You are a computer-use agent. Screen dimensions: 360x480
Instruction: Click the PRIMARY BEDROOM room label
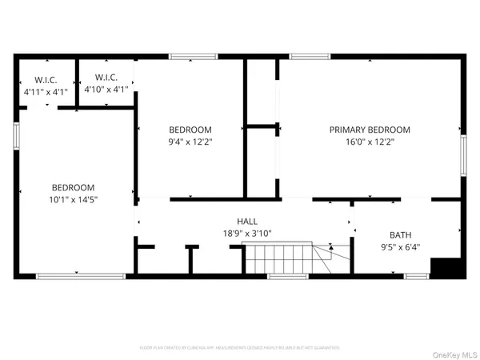coord(370,130)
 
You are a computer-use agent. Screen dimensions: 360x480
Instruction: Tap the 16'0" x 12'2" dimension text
coord(370,142)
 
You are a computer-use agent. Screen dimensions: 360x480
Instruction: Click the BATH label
coord(400,235)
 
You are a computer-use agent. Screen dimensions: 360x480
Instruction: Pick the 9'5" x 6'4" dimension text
coord(400,247)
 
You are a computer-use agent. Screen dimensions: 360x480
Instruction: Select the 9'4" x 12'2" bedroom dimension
coord(190,142)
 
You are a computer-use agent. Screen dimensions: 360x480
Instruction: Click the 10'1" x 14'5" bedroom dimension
coord(74,199)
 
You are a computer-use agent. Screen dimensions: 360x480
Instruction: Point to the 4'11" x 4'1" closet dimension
coord(45,92)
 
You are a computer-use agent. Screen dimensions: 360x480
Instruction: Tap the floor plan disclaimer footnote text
coord(240,348)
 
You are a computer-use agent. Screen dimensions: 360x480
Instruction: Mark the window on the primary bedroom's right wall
coord(463,154)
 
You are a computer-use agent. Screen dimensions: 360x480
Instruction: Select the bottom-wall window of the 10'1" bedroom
coord(80,276)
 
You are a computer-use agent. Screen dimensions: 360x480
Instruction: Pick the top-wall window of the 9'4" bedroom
coord(193,56)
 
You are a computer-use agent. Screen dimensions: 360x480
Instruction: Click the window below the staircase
coord(288,276)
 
